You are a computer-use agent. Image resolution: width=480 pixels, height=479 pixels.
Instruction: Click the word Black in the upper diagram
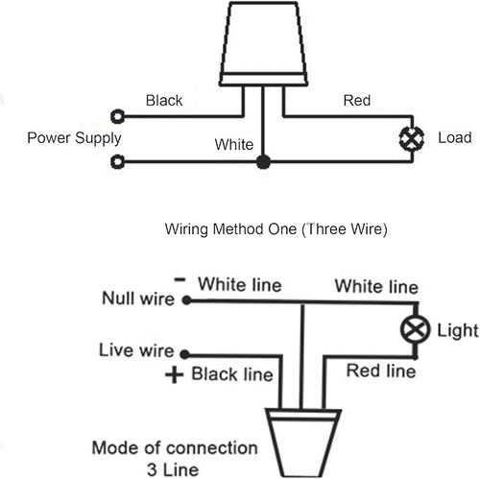[164, 101]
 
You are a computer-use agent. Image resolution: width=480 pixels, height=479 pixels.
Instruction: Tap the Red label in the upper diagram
[357, 101]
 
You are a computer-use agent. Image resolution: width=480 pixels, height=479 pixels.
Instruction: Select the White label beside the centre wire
[234, 144]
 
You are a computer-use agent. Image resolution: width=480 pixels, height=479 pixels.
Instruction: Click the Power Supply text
[74, 138]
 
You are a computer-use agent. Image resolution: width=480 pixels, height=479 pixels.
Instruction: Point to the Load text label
[455, 137]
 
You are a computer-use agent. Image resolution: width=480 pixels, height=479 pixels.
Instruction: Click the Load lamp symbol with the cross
[412, 138]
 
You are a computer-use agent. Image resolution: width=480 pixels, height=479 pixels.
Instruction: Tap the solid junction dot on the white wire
[263, 162]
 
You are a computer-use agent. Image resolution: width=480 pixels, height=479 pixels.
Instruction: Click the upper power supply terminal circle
[117, 116]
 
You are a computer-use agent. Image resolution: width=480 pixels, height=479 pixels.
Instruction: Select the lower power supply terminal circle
[117, 161]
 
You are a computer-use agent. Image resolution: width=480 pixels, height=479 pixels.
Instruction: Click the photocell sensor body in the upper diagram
[263, 44]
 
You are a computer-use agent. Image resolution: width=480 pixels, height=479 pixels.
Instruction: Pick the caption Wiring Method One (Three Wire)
[276, 229]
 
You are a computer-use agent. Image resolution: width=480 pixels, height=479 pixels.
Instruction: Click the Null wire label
[138, 299]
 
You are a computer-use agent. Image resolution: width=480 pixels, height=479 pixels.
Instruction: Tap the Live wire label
[136, 350]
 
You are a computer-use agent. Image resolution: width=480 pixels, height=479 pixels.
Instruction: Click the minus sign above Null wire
[180, 279]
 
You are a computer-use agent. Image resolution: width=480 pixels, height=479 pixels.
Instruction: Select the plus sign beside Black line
[175, 374]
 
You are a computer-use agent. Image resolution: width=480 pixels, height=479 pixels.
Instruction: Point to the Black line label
[232, 374]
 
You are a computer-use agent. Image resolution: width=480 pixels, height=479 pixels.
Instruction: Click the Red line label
[381, 371]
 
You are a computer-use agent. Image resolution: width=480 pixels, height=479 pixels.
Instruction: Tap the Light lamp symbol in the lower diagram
[415, 329]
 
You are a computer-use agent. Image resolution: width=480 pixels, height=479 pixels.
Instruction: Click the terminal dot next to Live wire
[184, 354]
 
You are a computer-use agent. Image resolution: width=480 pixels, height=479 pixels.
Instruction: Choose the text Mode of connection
[175, 448]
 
